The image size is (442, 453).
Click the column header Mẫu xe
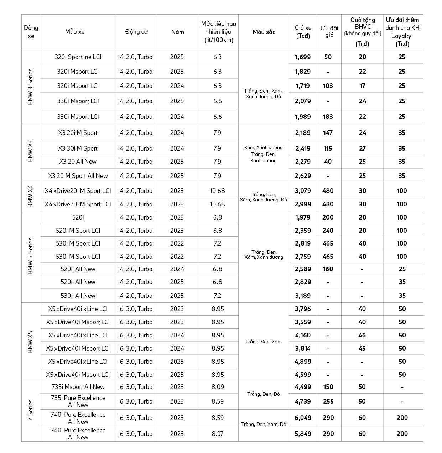point(75,32)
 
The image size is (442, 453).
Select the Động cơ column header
point(136,32)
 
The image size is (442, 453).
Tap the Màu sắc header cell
point(264,32)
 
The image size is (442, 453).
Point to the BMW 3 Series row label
point(30,87)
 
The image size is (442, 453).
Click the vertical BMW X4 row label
point(30,197)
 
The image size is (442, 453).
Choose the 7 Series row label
point(30,411)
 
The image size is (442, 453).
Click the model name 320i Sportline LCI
point(78,57)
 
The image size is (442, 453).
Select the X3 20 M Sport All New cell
point(78,176)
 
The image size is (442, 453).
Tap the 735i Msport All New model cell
point(78,387)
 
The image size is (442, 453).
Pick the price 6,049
point(303,418)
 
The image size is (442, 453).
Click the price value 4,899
point(303,362)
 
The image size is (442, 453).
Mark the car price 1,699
point(303,57)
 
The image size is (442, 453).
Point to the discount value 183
point(328,117)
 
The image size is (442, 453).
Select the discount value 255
point(328,401)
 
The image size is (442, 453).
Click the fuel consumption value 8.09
point(218,387)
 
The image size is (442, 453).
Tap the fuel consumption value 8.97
point(218,434)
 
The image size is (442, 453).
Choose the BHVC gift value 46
point(362,335)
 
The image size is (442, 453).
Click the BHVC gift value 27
point(362,148)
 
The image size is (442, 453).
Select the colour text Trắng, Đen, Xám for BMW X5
point(264,342)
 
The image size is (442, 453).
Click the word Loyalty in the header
point(401,36)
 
